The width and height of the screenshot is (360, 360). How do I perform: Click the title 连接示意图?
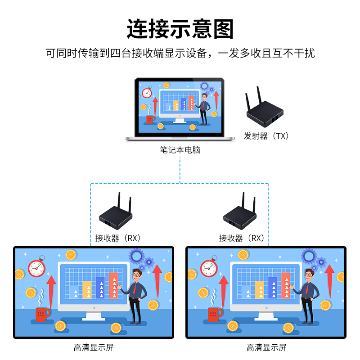pos(180,29)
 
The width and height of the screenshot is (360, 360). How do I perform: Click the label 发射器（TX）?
pos(266,136)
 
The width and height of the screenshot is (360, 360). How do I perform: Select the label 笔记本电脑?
pos(180,150)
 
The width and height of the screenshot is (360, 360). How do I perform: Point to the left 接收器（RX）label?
pos(118,238)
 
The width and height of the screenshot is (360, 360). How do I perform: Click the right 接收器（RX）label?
pos(242,238)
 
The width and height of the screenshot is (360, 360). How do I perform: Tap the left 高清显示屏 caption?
pos(94,347)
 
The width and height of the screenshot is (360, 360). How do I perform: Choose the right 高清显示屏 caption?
pos(266,347)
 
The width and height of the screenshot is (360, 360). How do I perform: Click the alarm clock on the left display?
pos(37,268)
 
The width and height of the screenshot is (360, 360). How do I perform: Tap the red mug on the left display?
pos(43,314)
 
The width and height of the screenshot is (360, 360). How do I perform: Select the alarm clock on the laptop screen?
pos(147,92)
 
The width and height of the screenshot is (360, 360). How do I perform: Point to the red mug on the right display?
pos(216,314)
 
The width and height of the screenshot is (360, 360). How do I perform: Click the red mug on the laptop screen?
pos(150,119)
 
